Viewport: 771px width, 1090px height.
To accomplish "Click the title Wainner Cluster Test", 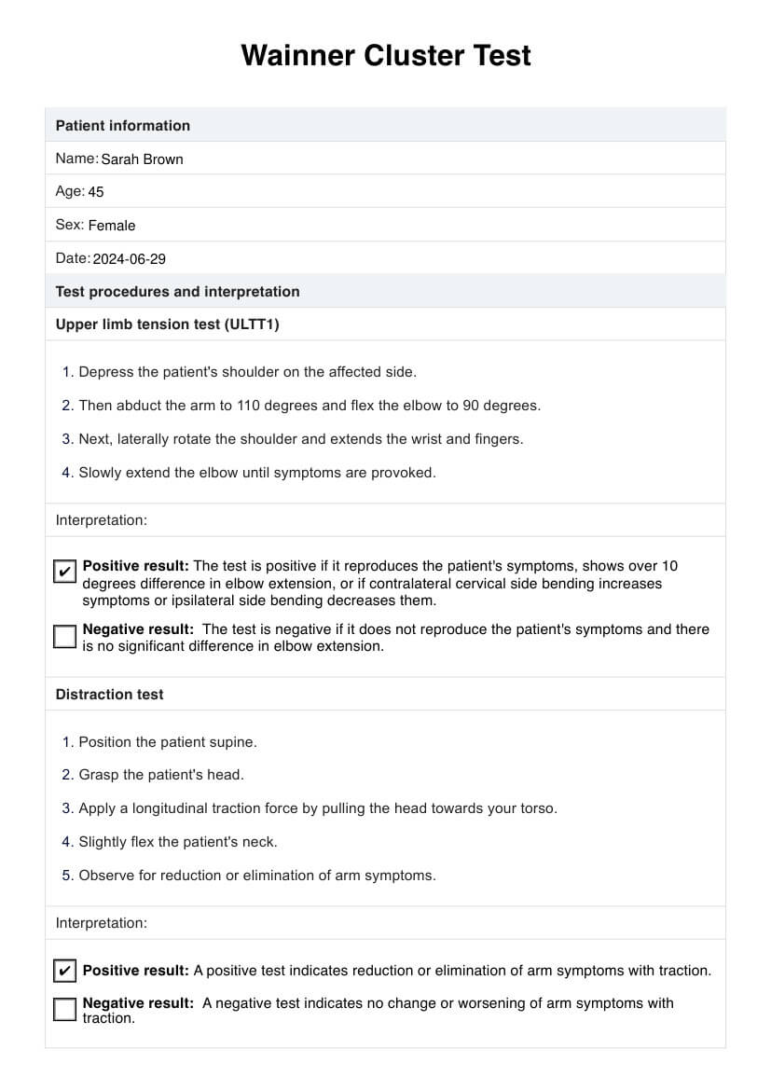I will [385, 56].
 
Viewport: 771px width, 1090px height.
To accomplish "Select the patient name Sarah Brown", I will [142, 159].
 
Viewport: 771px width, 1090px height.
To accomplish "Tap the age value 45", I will [96, 192].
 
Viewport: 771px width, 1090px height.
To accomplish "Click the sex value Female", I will [112, 226].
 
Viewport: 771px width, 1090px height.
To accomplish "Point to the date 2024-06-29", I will [129, 259].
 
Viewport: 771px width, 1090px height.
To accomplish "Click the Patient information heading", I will [122, 126].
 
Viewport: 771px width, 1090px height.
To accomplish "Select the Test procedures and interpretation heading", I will [177, 292].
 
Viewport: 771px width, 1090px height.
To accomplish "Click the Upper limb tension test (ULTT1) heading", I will [167, 324].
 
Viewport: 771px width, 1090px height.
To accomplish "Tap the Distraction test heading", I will [109, 695].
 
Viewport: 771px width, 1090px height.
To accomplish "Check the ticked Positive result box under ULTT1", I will [64, 571].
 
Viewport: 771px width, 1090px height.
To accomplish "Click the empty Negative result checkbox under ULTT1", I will [64, 636].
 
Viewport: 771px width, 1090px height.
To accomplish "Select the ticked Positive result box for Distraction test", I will [64, 971].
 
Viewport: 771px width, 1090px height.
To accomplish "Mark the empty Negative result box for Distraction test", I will [64, 1009].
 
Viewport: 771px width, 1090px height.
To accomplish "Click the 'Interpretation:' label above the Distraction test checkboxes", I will [101, 923].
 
